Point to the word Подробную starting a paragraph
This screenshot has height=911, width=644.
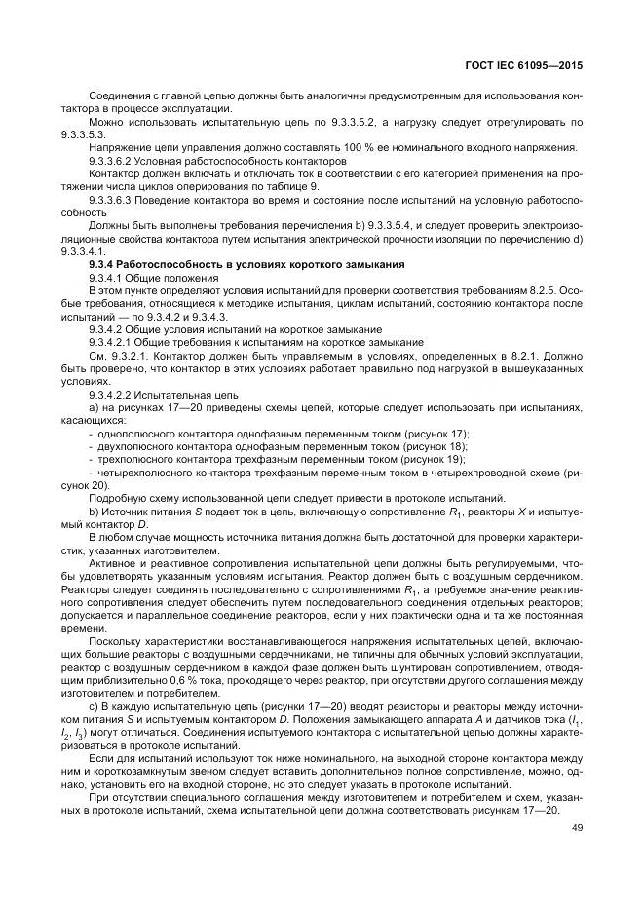tap(114, 497)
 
